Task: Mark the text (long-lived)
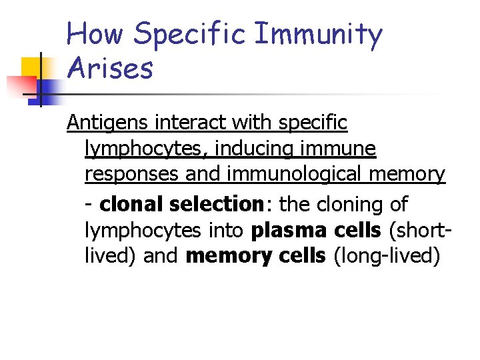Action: pos(386,257)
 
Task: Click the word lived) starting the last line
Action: pos(111,257)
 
